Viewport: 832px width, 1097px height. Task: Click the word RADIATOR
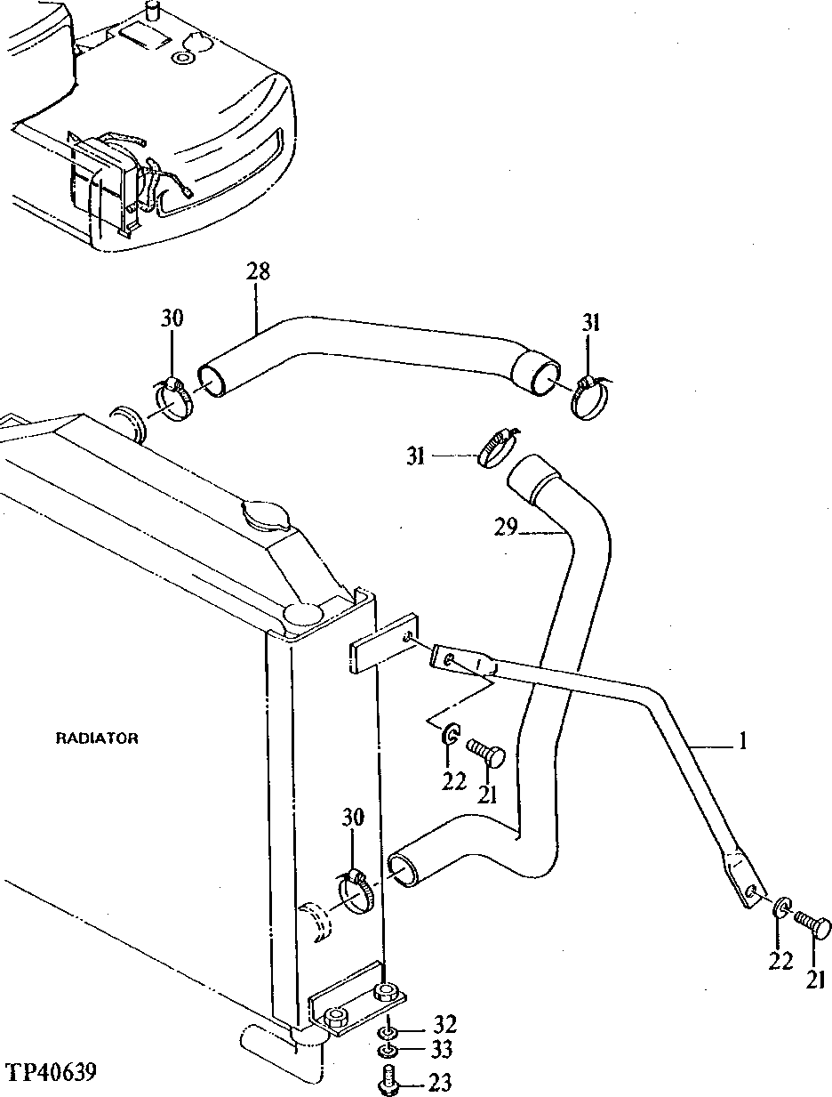click(x=97, y=738)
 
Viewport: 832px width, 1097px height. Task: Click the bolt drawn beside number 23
click(x=388, y=1084)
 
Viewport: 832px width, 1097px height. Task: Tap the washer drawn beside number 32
click(x=388, y=1032)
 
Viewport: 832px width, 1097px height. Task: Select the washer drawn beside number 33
click(x=388, y=1053)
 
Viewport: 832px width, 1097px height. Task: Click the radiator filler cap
click(x=264, y=519)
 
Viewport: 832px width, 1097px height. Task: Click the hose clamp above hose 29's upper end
click(x=495, y=445)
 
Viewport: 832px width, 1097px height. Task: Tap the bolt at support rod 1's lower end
click(x=812, y=926)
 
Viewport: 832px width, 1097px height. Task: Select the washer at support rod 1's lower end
click(x=780, y=908)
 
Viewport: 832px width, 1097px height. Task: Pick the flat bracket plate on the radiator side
click(x=384, y=643)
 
